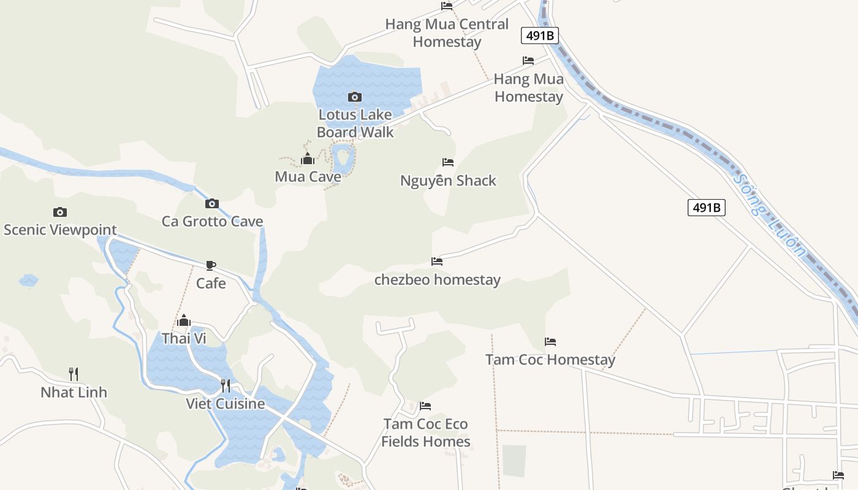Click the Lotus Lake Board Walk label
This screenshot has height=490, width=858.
pos(355,123)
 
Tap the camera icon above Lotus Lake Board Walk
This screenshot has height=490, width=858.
pos(354,97)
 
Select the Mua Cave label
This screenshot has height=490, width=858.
pos(308,177)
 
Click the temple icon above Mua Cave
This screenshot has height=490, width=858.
pos(308,159)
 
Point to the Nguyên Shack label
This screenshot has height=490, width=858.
pos(448,181)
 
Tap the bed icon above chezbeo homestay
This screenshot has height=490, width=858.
pos(437,261)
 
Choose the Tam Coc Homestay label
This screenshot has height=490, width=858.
pos(550,360)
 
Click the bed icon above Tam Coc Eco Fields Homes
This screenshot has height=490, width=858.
pos(425,406)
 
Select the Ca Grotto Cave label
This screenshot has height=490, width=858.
pos(212,221)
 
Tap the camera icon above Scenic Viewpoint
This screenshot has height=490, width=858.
pos(60,212)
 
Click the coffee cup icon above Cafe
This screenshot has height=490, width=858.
pos(211,265)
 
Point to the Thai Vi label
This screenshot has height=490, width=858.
pos(184,338)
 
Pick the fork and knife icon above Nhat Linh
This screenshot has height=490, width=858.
pos(74,374)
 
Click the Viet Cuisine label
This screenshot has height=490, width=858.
pos(226,404)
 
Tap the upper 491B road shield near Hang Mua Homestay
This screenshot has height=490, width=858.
pos(540,36)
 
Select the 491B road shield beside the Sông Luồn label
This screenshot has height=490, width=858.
pos(706,208)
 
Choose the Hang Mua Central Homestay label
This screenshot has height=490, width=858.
pos(447,33)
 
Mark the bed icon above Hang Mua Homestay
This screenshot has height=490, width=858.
pos(528,61)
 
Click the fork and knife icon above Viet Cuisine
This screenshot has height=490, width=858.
pos(226,385)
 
